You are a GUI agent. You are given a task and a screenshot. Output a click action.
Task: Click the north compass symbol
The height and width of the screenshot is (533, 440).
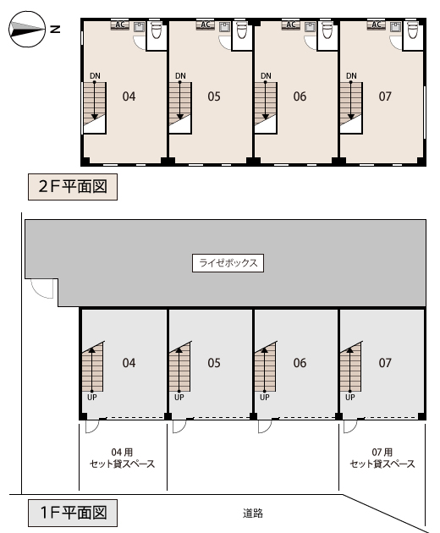[x=27, y=29]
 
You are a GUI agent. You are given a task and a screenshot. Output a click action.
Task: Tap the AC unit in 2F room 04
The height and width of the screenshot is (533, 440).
[x=120, y=25]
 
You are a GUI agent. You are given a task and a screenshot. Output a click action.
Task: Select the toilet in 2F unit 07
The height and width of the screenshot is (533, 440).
[x=412, y=30]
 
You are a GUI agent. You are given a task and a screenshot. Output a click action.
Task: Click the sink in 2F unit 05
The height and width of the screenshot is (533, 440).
[x=224, y=27]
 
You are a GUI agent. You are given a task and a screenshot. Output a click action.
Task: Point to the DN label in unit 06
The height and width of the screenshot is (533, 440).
[x=266, y=76]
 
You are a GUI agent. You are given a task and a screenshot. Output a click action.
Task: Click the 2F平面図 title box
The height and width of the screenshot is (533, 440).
[x=73, y=187]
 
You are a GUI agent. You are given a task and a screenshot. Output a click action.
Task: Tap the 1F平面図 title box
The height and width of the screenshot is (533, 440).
[x=73, y=513]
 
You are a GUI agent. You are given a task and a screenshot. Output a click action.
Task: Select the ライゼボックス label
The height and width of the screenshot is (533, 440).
[x=228, y=263]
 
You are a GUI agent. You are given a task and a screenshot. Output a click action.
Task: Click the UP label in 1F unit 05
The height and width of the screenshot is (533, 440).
[x=179, y=397]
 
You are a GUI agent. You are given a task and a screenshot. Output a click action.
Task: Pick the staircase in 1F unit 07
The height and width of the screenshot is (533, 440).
[x=351, y=367]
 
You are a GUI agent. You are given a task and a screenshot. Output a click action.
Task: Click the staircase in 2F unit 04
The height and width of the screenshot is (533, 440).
[x=95, y=107]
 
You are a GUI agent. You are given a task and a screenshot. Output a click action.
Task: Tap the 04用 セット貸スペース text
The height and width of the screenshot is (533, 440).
[x=122, y=458]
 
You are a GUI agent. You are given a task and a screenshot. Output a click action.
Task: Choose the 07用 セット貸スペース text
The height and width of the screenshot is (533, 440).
[x=382, y=458]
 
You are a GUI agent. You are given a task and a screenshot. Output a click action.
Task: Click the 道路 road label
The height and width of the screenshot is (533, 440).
[x=253, y=513]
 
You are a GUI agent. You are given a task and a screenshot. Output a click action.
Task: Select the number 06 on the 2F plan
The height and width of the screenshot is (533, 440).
[x=300, y=96]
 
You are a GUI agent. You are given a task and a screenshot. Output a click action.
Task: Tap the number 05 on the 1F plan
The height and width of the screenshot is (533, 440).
[x=214, y=363]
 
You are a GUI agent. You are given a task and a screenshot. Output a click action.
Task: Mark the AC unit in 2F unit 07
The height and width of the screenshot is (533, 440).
[x=376, y=25]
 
